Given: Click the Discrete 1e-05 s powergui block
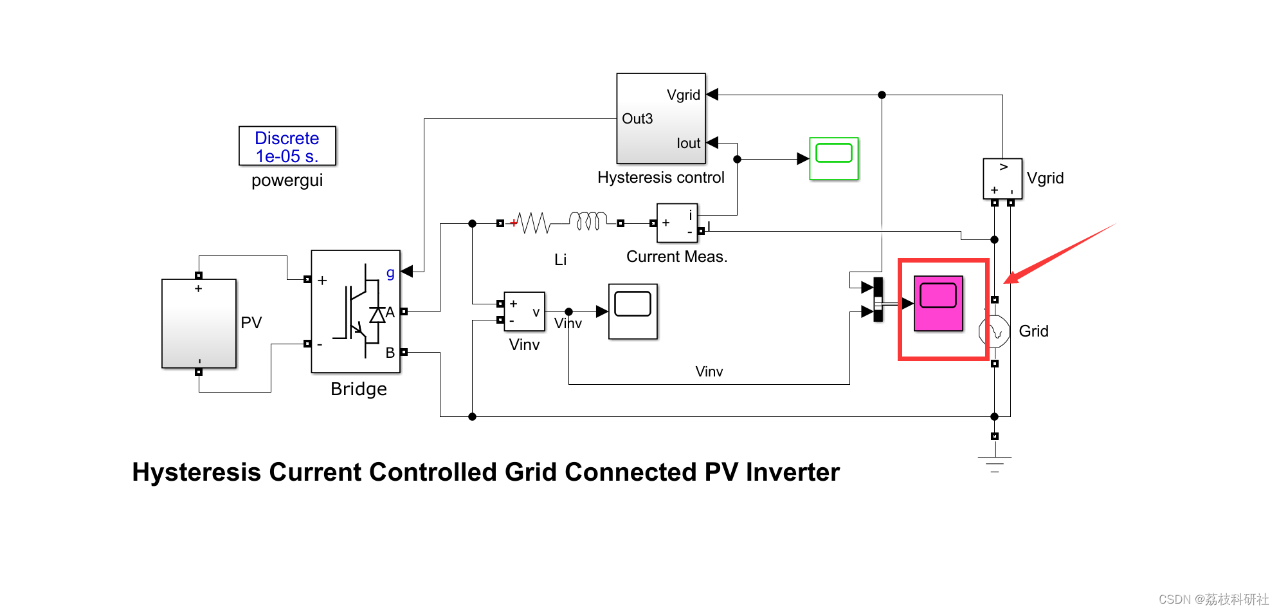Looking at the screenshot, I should point(287,146).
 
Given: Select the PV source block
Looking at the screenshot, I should point(199,323).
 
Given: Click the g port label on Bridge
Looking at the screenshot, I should point(390,272).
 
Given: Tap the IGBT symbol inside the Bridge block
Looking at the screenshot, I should point(358,310).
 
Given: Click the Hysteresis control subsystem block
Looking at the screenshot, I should point(660,118).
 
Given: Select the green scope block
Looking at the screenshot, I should point(833,158).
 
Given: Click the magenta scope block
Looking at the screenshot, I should point(938,303).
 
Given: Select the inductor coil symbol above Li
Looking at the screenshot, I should point(588,221).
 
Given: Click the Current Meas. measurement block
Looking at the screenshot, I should point(676,223).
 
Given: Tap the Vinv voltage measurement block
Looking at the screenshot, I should point(524,311).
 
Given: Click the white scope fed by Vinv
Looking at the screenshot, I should point(633,311).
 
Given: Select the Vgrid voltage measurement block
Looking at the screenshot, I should point(1002,179).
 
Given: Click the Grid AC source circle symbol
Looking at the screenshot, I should point(995,331).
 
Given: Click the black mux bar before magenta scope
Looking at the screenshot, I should point(878,300).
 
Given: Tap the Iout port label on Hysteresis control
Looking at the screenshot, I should point(688,144).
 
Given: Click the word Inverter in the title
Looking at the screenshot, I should point(792,472).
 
